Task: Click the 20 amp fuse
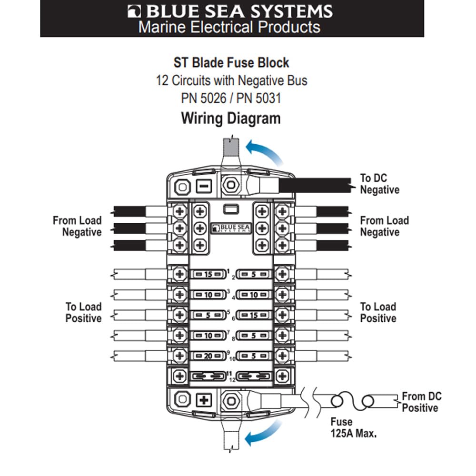click(x=207, y=356)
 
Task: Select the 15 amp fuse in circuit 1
click(x=207, y=274)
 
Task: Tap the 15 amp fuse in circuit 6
click(x=254, y=315)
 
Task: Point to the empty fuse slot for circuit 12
click(x=254, y=376)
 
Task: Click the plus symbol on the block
click(x=204, y=400)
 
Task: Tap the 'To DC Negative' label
click(x=379, y=184)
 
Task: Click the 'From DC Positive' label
click(x=421, y=402)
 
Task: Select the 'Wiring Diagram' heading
click(x=231, y=118)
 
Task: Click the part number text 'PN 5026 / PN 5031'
click(x=231, y=99)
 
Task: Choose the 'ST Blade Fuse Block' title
click(x=231, y=62)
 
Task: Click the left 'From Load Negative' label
click(x=77, y=227)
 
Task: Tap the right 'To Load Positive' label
click(x=378, y=312)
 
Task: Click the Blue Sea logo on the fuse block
click(x=230, y=228)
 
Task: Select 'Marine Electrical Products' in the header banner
click(x=229, y=27)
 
